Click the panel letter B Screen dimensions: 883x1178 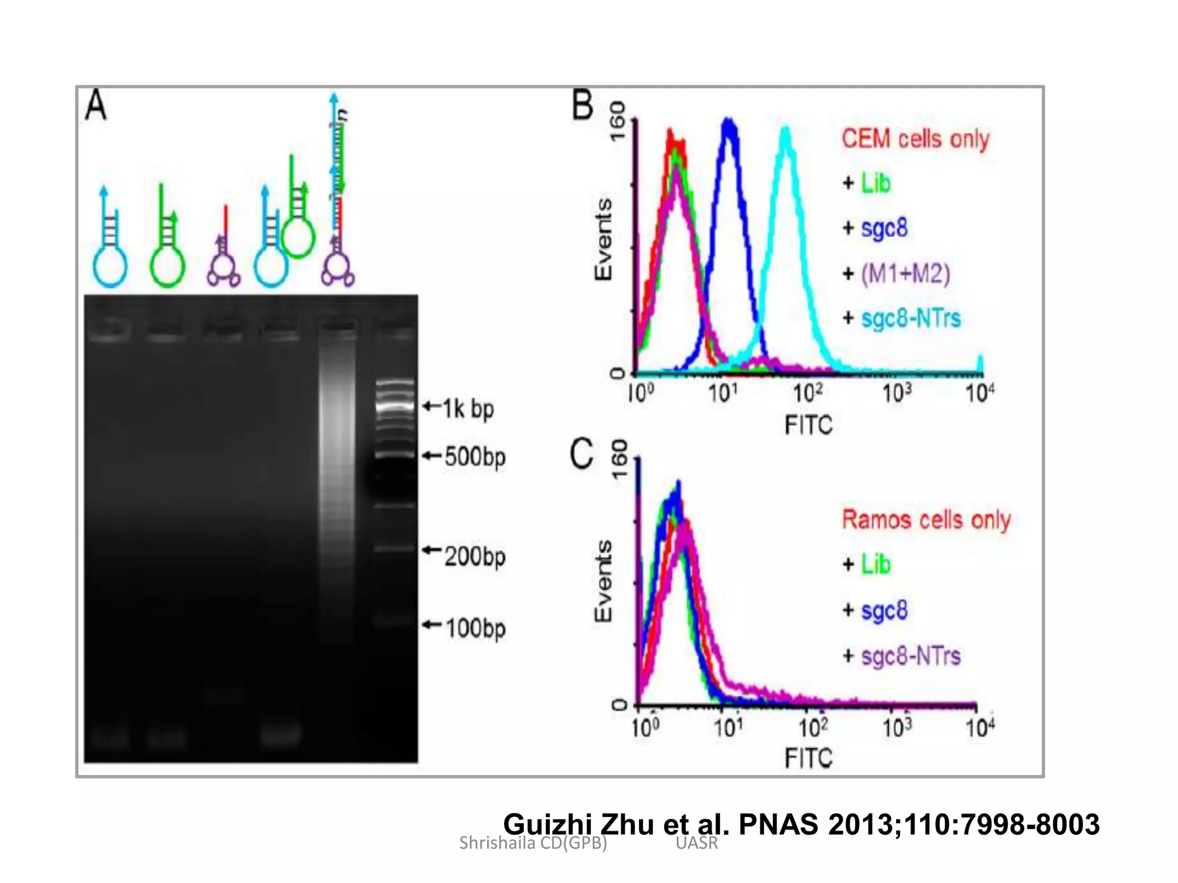pos(582,105)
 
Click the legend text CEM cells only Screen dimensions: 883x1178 pos(915,139)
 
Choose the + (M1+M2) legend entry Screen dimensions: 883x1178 pos(897,274)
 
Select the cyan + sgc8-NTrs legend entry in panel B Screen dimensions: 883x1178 pos(902,318)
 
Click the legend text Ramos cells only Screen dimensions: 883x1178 pos(925,520)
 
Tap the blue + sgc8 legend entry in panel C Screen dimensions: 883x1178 pos(875,610)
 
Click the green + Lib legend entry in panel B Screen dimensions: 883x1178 pos(867,184)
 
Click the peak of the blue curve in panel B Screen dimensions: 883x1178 pos(729,122)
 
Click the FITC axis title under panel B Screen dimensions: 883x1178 pos(808,425)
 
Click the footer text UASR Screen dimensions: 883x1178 pos(697,843)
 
